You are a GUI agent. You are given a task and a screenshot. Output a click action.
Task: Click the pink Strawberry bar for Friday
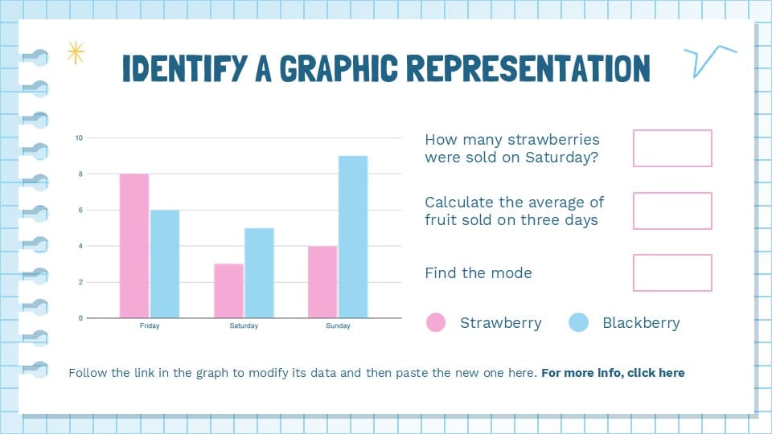click(x=134, y=245)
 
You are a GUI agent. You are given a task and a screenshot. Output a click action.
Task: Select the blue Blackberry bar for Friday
click(x=165, y=264)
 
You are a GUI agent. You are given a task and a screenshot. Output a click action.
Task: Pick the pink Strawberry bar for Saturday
click(x=228, y=290)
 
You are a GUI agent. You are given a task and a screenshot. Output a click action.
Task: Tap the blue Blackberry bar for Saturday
click(x=259, y=272)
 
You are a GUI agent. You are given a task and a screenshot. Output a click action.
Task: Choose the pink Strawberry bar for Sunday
click(x=322, y=281)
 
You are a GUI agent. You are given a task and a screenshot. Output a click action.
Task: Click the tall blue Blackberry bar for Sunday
click(x=353, y=236)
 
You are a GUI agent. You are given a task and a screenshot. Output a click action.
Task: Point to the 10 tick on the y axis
click(x=79, y=138)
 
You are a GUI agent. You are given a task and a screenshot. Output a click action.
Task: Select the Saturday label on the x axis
click(x=244, y=326)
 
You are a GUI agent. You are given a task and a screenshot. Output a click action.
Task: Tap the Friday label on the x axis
click(x=150, y=326)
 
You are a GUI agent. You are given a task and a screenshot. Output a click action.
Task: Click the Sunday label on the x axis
click(x=338, y=326)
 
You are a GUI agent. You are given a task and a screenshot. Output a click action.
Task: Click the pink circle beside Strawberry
click(x=436, y=322)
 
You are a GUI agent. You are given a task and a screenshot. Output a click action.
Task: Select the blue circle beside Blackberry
click(x=579, y=322)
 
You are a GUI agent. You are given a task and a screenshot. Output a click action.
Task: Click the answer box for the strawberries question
click(x=672, y=148)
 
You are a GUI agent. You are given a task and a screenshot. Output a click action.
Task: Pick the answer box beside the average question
click(x=672, y=211)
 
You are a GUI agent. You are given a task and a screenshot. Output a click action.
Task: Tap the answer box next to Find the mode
click(x=672, y=272)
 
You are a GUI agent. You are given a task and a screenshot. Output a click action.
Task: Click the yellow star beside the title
click(x=76, y=53)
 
